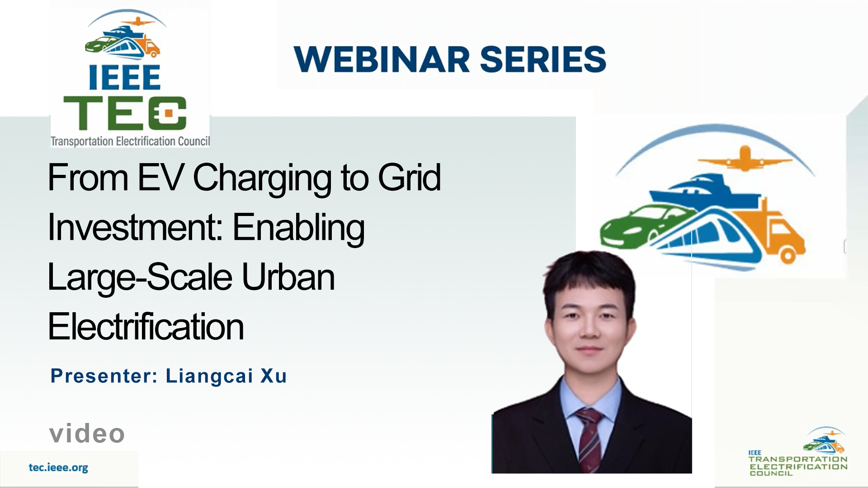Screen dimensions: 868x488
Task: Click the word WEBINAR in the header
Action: [x=382, y=59]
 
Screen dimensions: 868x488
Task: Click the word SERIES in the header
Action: [x=542, y=59]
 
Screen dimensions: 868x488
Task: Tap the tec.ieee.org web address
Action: [x=58, y=468]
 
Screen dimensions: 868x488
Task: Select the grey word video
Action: [x=87, y=434]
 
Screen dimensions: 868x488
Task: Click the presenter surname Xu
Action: [x=274, y=376]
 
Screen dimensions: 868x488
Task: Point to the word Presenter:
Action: [x=104, y=376]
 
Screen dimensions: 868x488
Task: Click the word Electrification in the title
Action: [x=146, y=327]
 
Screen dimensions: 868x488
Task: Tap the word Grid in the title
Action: [x=409, y=178]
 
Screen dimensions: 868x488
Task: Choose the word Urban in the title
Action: [x=288, y=277]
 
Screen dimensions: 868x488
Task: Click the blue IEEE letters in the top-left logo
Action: [x=125, y=77]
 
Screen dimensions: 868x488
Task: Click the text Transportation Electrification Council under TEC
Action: [x=130, y=141]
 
